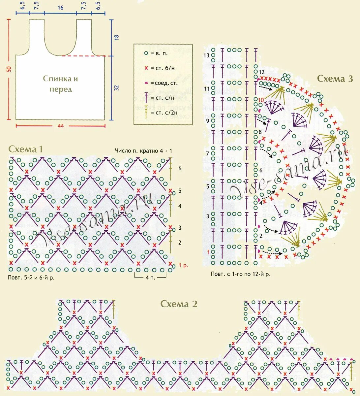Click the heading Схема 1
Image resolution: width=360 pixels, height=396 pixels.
[x=26, y=149]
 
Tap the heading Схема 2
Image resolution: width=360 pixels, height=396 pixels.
[x=179, y=304]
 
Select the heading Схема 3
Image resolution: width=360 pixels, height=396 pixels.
[x=335, y=79]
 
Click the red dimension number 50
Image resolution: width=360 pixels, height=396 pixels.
[x=9, y=69]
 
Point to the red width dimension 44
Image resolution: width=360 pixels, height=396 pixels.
[x=60, y=125]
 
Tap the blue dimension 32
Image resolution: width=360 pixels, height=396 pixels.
[x=116, y=88]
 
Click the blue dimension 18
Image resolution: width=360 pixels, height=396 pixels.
[x=116, y=37]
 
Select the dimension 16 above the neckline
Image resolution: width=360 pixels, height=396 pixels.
[x=60, y=8]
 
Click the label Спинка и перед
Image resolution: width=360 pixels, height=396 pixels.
[x=60, y=84]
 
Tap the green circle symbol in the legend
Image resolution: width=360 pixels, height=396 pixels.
[x=146, y=53]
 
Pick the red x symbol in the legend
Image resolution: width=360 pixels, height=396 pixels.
[x=146, y=68]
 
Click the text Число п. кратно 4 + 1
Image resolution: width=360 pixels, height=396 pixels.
[x=143, y=151]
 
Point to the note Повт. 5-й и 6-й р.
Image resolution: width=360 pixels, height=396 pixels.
[x=31, y=278]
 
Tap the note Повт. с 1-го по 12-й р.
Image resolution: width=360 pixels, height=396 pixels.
[x=241, y=274]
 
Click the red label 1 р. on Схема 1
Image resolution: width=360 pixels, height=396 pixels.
[x=184, y=265]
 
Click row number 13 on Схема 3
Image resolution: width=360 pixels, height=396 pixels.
[x=206, y=55]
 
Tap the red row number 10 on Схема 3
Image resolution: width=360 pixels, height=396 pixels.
[x=261, y=100]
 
